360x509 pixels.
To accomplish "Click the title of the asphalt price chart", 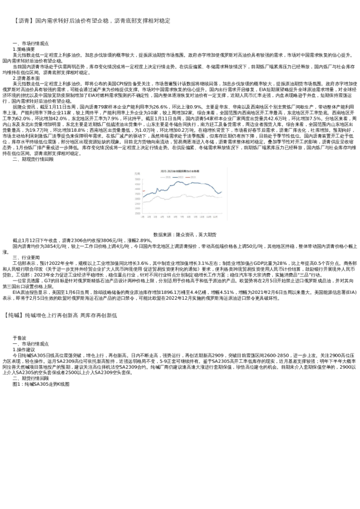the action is pyautogui.click(x=181, y=170).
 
